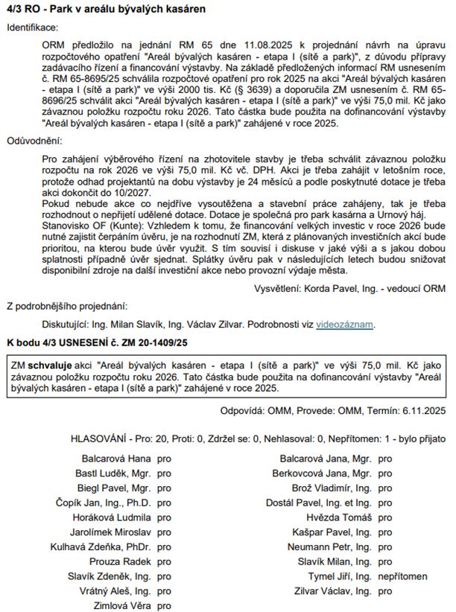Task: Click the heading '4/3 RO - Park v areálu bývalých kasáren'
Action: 106,9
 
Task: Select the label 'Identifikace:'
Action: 32,27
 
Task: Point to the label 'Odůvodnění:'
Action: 34,140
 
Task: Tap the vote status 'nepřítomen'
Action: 403,576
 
